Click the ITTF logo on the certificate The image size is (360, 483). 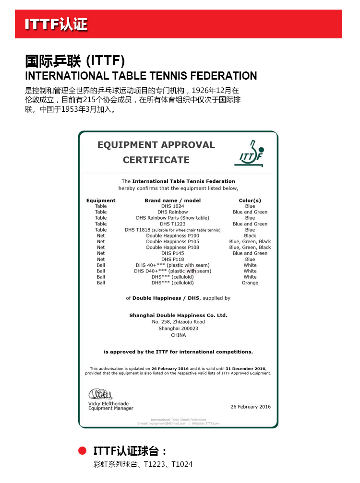tap(251, 153)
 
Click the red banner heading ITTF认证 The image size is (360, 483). tap(56, 24)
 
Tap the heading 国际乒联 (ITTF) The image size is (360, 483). tap(75, 61)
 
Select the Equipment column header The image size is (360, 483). tap(101, 200)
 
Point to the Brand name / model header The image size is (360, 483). tap(173, 200)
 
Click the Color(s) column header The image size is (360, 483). tap(250, 200)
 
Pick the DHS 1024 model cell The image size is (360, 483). tap(173, 206)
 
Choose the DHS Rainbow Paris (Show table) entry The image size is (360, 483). tap(173, 218)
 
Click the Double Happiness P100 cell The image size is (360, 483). tap(173, 236)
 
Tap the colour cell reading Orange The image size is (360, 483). tap(250, 283)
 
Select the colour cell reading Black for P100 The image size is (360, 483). tap(250, 236)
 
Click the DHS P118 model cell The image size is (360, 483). tap(173, 259)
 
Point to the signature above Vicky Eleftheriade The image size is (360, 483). tap(100, 394)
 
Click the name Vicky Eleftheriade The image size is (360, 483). tap(108, 404)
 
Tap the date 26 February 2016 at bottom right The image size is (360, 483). tap(251, 407)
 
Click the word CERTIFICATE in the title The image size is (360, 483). tap(156, 160)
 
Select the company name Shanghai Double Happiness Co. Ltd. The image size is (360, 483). tap(178, 315)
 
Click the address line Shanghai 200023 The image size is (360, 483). tap(178, 329)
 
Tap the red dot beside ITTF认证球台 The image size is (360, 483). tap(82, 451)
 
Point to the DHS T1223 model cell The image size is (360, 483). tap(173, 224)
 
